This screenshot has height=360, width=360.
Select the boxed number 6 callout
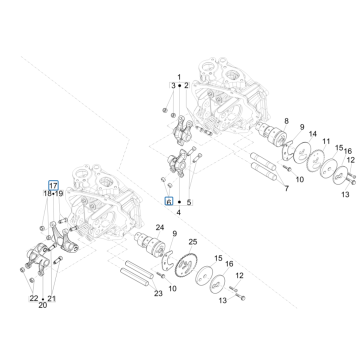point(168,200)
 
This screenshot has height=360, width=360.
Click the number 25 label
point(194,244)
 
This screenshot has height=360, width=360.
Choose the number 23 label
point(157,294)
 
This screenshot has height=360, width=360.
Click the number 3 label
point(171,86)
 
